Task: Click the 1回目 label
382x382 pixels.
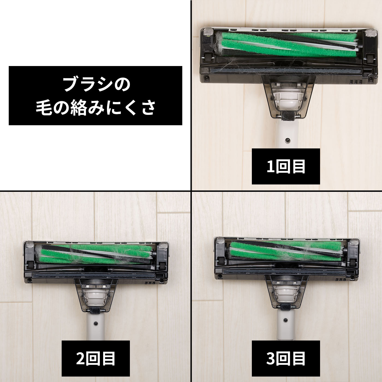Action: click(285, 166)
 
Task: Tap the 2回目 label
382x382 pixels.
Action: click(95, 358)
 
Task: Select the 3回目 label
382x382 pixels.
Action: click(285, 358)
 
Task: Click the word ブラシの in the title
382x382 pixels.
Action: click(96, 84)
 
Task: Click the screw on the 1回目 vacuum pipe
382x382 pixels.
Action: click(287, 140)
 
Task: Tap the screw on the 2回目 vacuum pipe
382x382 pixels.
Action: click(96, 323)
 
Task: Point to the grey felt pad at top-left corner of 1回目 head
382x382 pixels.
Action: click(208, 32)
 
